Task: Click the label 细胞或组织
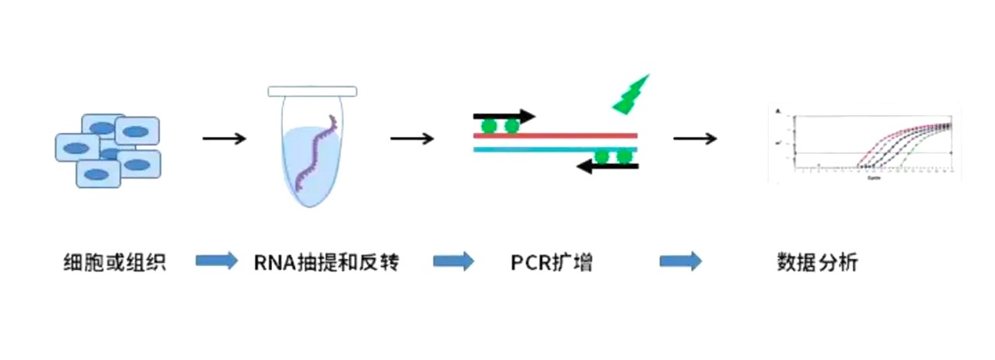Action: [114, 263]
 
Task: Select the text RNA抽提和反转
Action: [326, 263]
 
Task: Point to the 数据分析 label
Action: [816, 263]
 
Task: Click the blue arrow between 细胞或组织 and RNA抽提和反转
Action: [216, 261]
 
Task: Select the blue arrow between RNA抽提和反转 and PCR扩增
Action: [453, 261]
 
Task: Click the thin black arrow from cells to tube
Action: [224, 139]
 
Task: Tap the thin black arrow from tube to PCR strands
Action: [412, 139]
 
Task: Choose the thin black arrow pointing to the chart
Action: [694, 139]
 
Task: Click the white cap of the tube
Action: [312, 92]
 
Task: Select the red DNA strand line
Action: [556, 135]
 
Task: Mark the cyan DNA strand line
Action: [556, 149]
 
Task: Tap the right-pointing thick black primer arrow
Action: [504, 117]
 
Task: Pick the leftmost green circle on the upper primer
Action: [488, 125]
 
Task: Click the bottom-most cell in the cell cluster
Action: [98, 173]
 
